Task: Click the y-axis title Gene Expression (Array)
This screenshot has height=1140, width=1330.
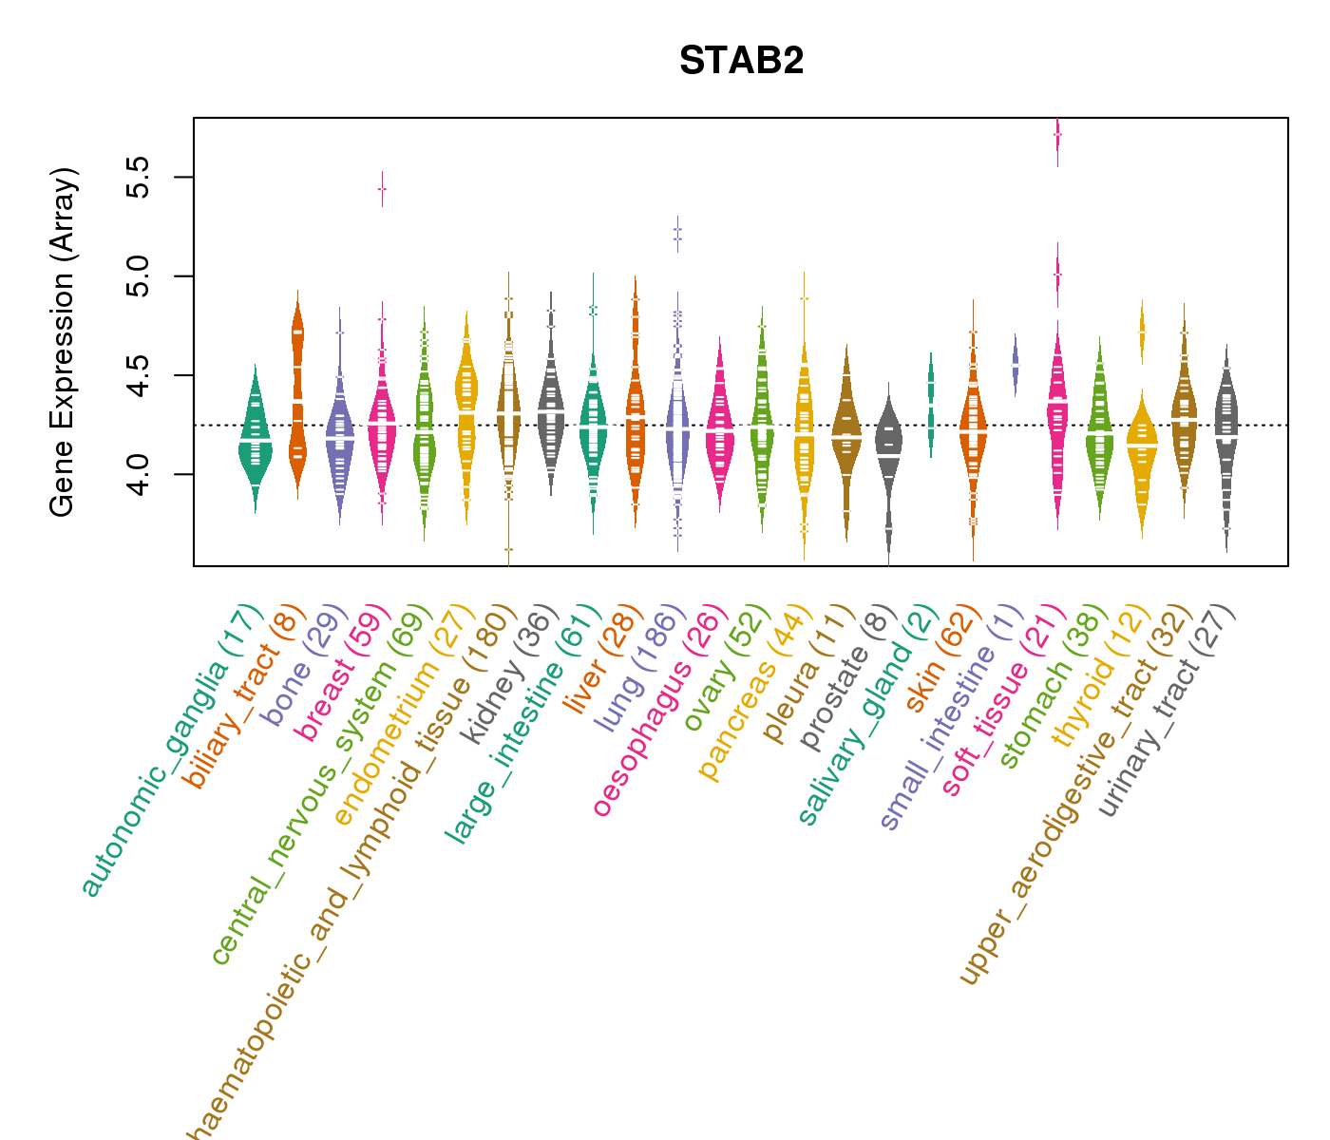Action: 63,342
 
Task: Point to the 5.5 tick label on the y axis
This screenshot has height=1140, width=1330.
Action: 139,178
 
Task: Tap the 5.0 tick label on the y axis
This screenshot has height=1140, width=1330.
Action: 139,276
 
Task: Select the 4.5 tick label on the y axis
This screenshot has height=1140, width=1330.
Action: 139,375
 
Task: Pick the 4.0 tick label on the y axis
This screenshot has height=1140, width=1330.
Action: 139,474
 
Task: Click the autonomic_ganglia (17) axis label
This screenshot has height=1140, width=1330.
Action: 171,750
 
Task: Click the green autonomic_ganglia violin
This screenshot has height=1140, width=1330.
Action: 255,442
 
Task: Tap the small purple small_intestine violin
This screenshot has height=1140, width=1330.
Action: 1016,365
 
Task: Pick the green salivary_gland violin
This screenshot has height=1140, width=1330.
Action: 931,404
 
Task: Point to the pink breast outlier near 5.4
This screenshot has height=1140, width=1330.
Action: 382,189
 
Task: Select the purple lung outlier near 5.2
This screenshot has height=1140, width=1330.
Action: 677,234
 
